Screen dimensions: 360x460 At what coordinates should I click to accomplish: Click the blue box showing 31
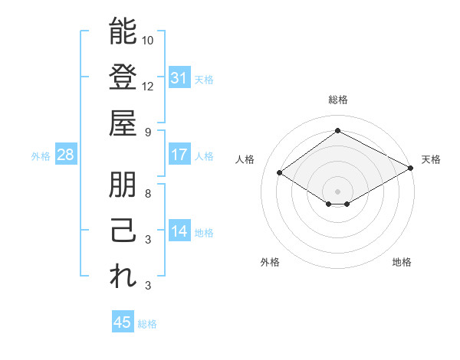click(179, 77)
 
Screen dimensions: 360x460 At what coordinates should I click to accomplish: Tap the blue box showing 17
click(179, 155)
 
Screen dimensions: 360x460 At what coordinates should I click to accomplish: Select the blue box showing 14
click(179, 231)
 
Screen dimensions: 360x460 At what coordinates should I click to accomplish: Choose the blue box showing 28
click(66, 155)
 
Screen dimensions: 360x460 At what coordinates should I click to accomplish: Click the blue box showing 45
click(123, 322)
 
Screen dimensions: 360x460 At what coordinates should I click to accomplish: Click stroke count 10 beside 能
click(148, 40)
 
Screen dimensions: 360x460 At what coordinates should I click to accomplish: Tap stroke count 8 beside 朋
click(148, 193)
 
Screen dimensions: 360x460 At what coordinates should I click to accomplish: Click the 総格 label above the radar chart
click(338, 100)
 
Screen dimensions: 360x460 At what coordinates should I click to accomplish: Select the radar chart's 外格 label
click(270, 262)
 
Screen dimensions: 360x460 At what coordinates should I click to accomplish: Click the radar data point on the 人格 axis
click(280, 173)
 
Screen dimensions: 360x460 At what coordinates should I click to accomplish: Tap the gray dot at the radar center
click(338, 190)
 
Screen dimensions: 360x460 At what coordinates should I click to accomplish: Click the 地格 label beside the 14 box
click(204, 232)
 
